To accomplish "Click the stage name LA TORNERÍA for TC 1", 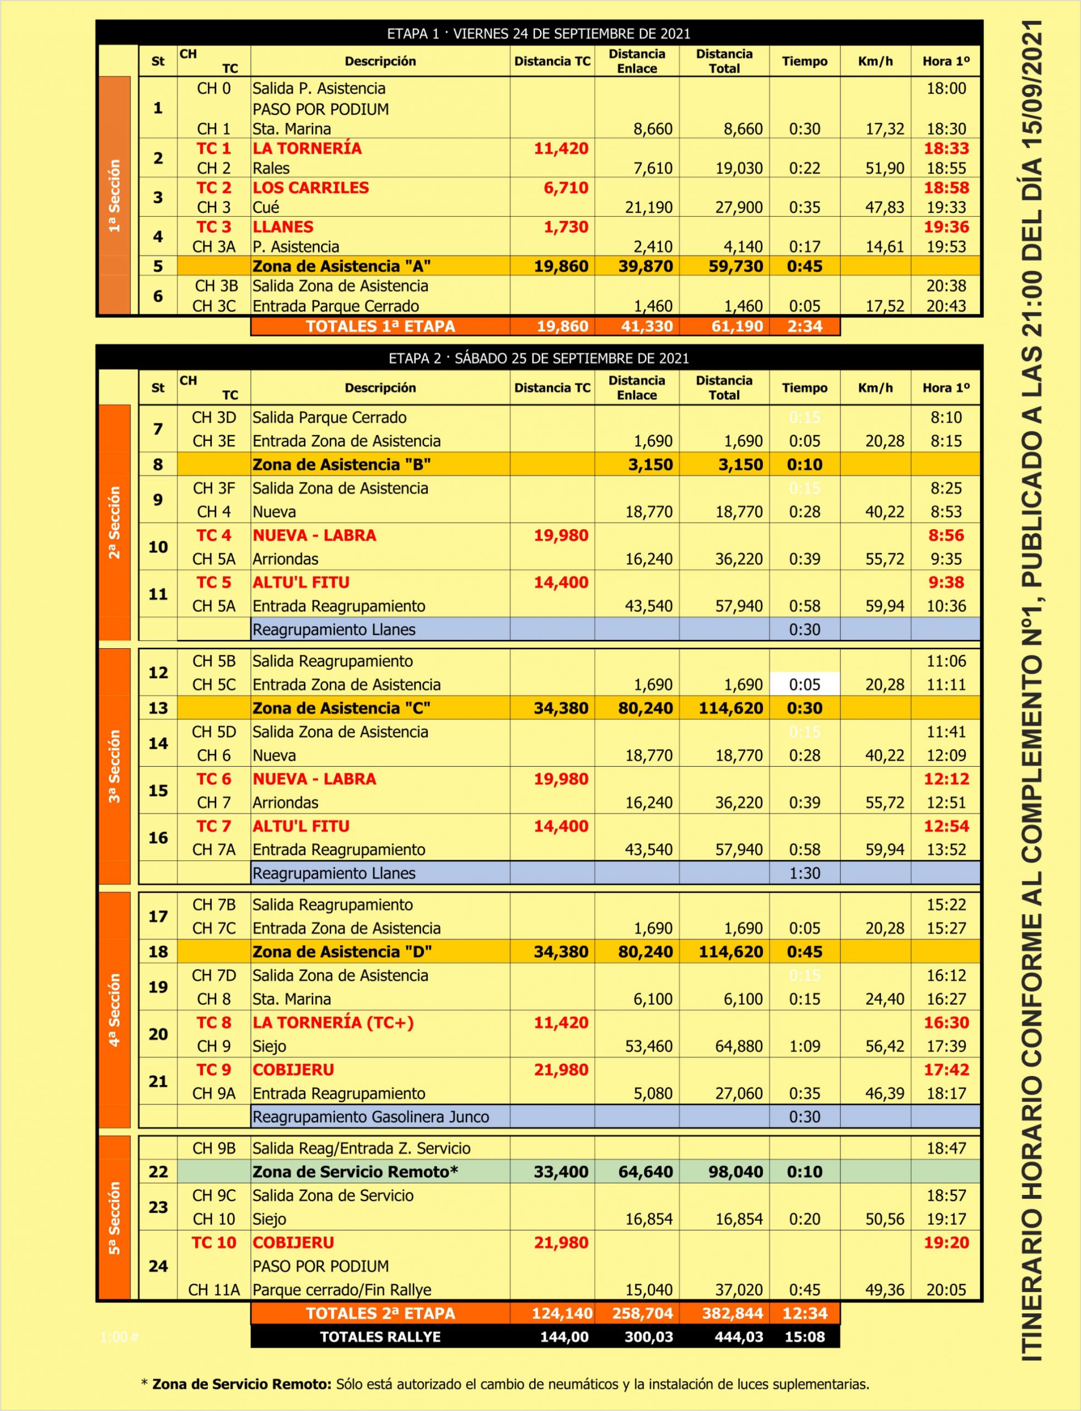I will pos(307,149).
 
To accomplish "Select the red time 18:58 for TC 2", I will pos(946,188).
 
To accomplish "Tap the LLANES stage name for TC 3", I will pos(283,227).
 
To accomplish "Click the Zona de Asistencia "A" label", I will pos(342,266).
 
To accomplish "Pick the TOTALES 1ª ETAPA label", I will pos(380,326).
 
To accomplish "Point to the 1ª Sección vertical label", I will pos(115,196).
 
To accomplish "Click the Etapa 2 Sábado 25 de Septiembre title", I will pos(539,358).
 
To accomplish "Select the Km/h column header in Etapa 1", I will pos(875,62).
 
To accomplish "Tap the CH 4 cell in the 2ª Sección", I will pos(214,512).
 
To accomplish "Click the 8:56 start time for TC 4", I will pos(946,535).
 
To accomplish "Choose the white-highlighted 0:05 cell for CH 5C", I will pos(804,685).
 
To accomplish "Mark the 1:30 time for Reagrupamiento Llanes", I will pos(804,873).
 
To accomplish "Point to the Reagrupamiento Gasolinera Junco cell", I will pos(370,1117).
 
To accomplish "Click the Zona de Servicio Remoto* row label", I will pos(355,1172).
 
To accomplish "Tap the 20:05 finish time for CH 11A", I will pos(946,1290).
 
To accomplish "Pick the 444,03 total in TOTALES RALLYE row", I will pos(739,1337).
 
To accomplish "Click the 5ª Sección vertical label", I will pos(115,1218).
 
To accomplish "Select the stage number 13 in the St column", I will pos(158,708).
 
